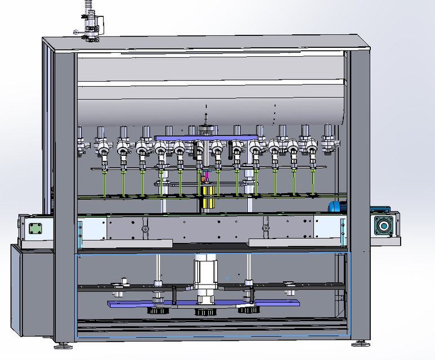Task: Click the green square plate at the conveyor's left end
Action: pos(35,228)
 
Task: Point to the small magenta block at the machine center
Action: pos(205,175)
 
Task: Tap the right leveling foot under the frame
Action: pos(358,342)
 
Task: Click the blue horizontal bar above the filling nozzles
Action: pos(207,138)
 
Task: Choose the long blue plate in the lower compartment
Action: pos(203,304)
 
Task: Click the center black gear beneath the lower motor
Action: pos(204,312)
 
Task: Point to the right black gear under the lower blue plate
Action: pos(248,310)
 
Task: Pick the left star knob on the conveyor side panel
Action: pos(146,229)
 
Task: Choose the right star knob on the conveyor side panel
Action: pos(265,229)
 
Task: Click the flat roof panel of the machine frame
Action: pos(208,43)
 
